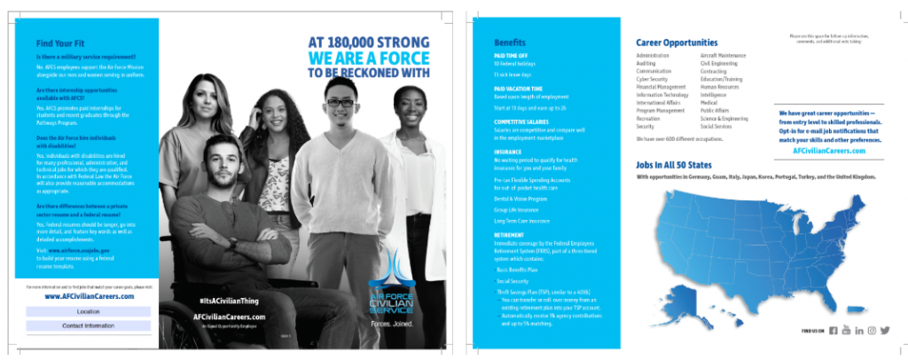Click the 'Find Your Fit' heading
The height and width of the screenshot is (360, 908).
click(61, 43)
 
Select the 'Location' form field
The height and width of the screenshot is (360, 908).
click(88, 312)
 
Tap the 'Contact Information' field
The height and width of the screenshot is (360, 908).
click(88, 326)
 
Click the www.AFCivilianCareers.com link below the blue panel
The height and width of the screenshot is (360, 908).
click(88, 297)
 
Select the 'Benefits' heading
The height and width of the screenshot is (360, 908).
click(510, 43)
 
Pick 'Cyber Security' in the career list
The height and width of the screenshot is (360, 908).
click(652, 79)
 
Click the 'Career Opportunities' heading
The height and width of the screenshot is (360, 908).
click(677, 43)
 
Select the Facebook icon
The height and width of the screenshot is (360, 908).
click(833, 331)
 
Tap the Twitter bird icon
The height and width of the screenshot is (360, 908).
click(884, 331)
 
